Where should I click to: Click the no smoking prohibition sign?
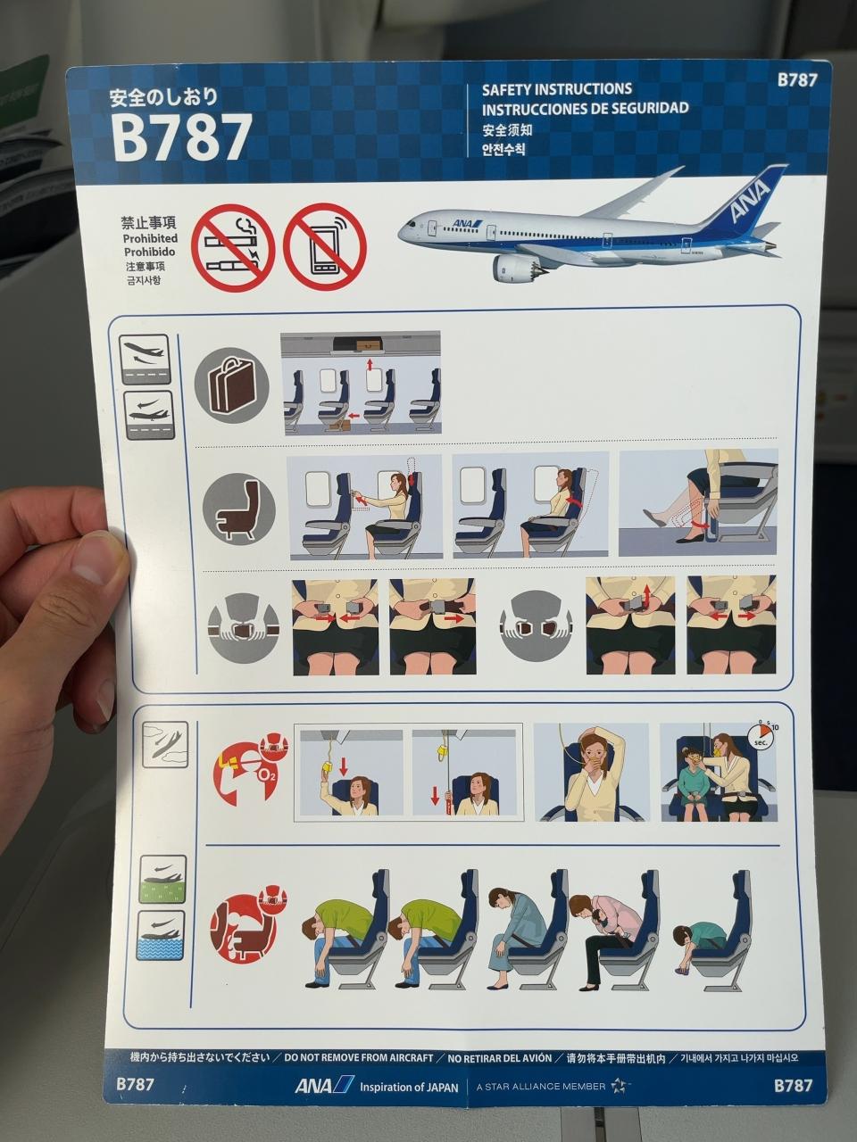tap(233, 247)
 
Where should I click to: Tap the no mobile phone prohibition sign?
tap(325, 247)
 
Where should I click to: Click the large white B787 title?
tap(182, 137)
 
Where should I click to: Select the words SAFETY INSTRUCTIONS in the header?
tap(557, 89)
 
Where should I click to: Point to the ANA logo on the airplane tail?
tap(750, 201)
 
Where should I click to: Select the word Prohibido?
tap(149, 252)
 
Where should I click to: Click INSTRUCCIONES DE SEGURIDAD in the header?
tap(585, 109)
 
